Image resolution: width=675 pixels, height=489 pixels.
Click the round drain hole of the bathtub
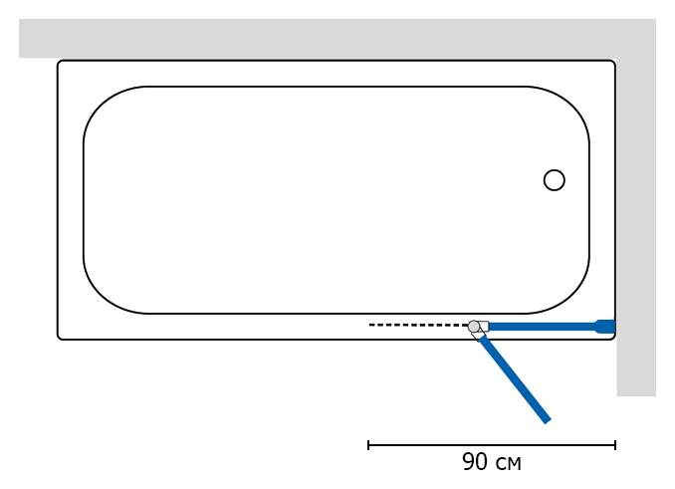[x=554, y=180]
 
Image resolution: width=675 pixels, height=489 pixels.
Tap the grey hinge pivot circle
[x=474, y=327]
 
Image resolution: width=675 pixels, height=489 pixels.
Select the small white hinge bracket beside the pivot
[x=484, y=327]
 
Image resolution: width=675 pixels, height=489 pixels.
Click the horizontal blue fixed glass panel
[x=543, y=327]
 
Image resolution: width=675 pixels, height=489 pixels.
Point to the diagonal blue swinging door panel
[x=514, y=379]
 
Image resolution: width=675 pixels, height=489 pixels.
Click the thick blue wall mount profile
[x=605, y=327]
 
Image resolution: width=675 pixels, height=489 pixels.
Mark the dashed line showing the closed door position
[x=418, y=325]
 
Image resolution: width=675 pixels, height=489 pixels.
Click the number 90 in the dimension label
[x=475, y=462]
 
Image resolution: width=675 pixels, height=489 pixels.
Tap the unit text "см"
[x=509, y=464]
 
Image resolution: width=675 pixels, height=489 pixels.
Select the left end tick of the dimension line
[x=368, y=445]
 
